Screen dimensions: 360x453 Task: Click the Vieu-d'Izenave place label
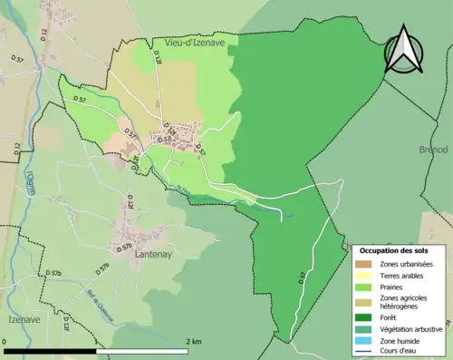pyautogui.click(x=194, y=42)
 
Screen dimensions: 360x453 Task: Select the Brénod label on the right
pyautogui.click(x=432, y=150)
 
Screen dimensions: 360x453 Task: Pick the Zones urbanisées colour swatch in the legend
pyautogui.click(x=364, y=264)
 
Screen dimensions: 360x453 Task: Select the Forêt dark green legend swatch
pyautogui.click(x=364, y=317)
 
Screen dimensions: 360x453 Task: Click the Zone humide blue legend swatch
pyautogui.click(x=364, y=340)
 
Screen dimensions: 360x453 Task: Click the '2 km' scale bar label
pyautogui.click(x=195, y=341)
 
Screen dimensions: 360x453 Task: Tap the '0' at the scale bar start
pyautogui.click(x=6, y=341)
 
